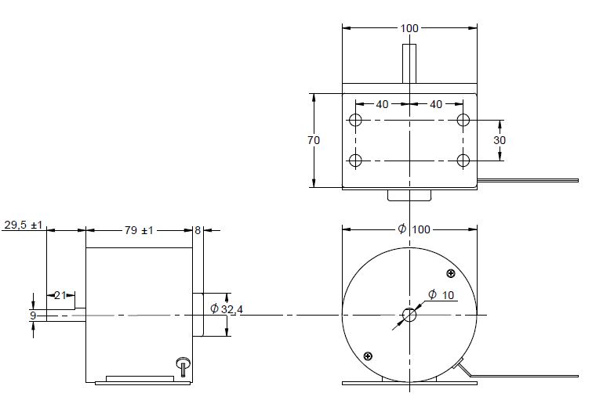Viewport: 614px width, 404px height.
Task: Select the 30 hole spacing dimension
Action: pos(500,140)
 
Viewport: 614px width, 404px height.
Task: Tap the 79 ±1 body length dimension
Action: pos(139,230)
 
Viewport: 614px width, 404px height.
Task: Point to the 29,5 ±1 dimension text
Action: pos(22,224)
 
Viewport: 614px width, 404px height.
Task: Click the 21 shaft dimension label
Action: pos(59,294)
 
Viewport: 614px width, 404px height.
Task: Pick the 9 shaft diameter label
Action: pos(32,316)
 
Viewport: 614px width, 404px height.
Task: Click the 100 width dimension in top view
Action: pos(409,28)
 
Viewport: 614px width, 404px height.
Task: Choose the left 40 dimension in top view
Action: pos(382,104)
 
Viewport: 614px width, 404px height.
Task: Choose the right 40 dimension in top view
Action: pos(436,104)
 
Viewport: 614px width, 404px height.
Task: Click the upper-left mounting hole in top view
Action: pos(356,121)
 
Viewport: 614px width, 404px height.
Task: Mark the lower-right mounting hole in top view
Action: pos(463,161)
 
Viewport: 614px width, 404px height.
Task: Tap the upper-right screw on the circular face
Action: pos(451,273)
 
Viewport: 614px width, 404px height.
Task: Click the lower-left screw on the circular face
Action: pos(368,356)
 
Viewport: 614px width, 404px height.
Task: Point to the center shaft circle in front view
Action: pos(409,316)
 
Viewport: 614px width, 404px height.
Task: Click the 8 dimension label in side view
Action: pos(198,230)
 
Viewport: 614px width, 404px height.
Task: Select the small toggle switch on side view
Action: pos(183,365)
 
